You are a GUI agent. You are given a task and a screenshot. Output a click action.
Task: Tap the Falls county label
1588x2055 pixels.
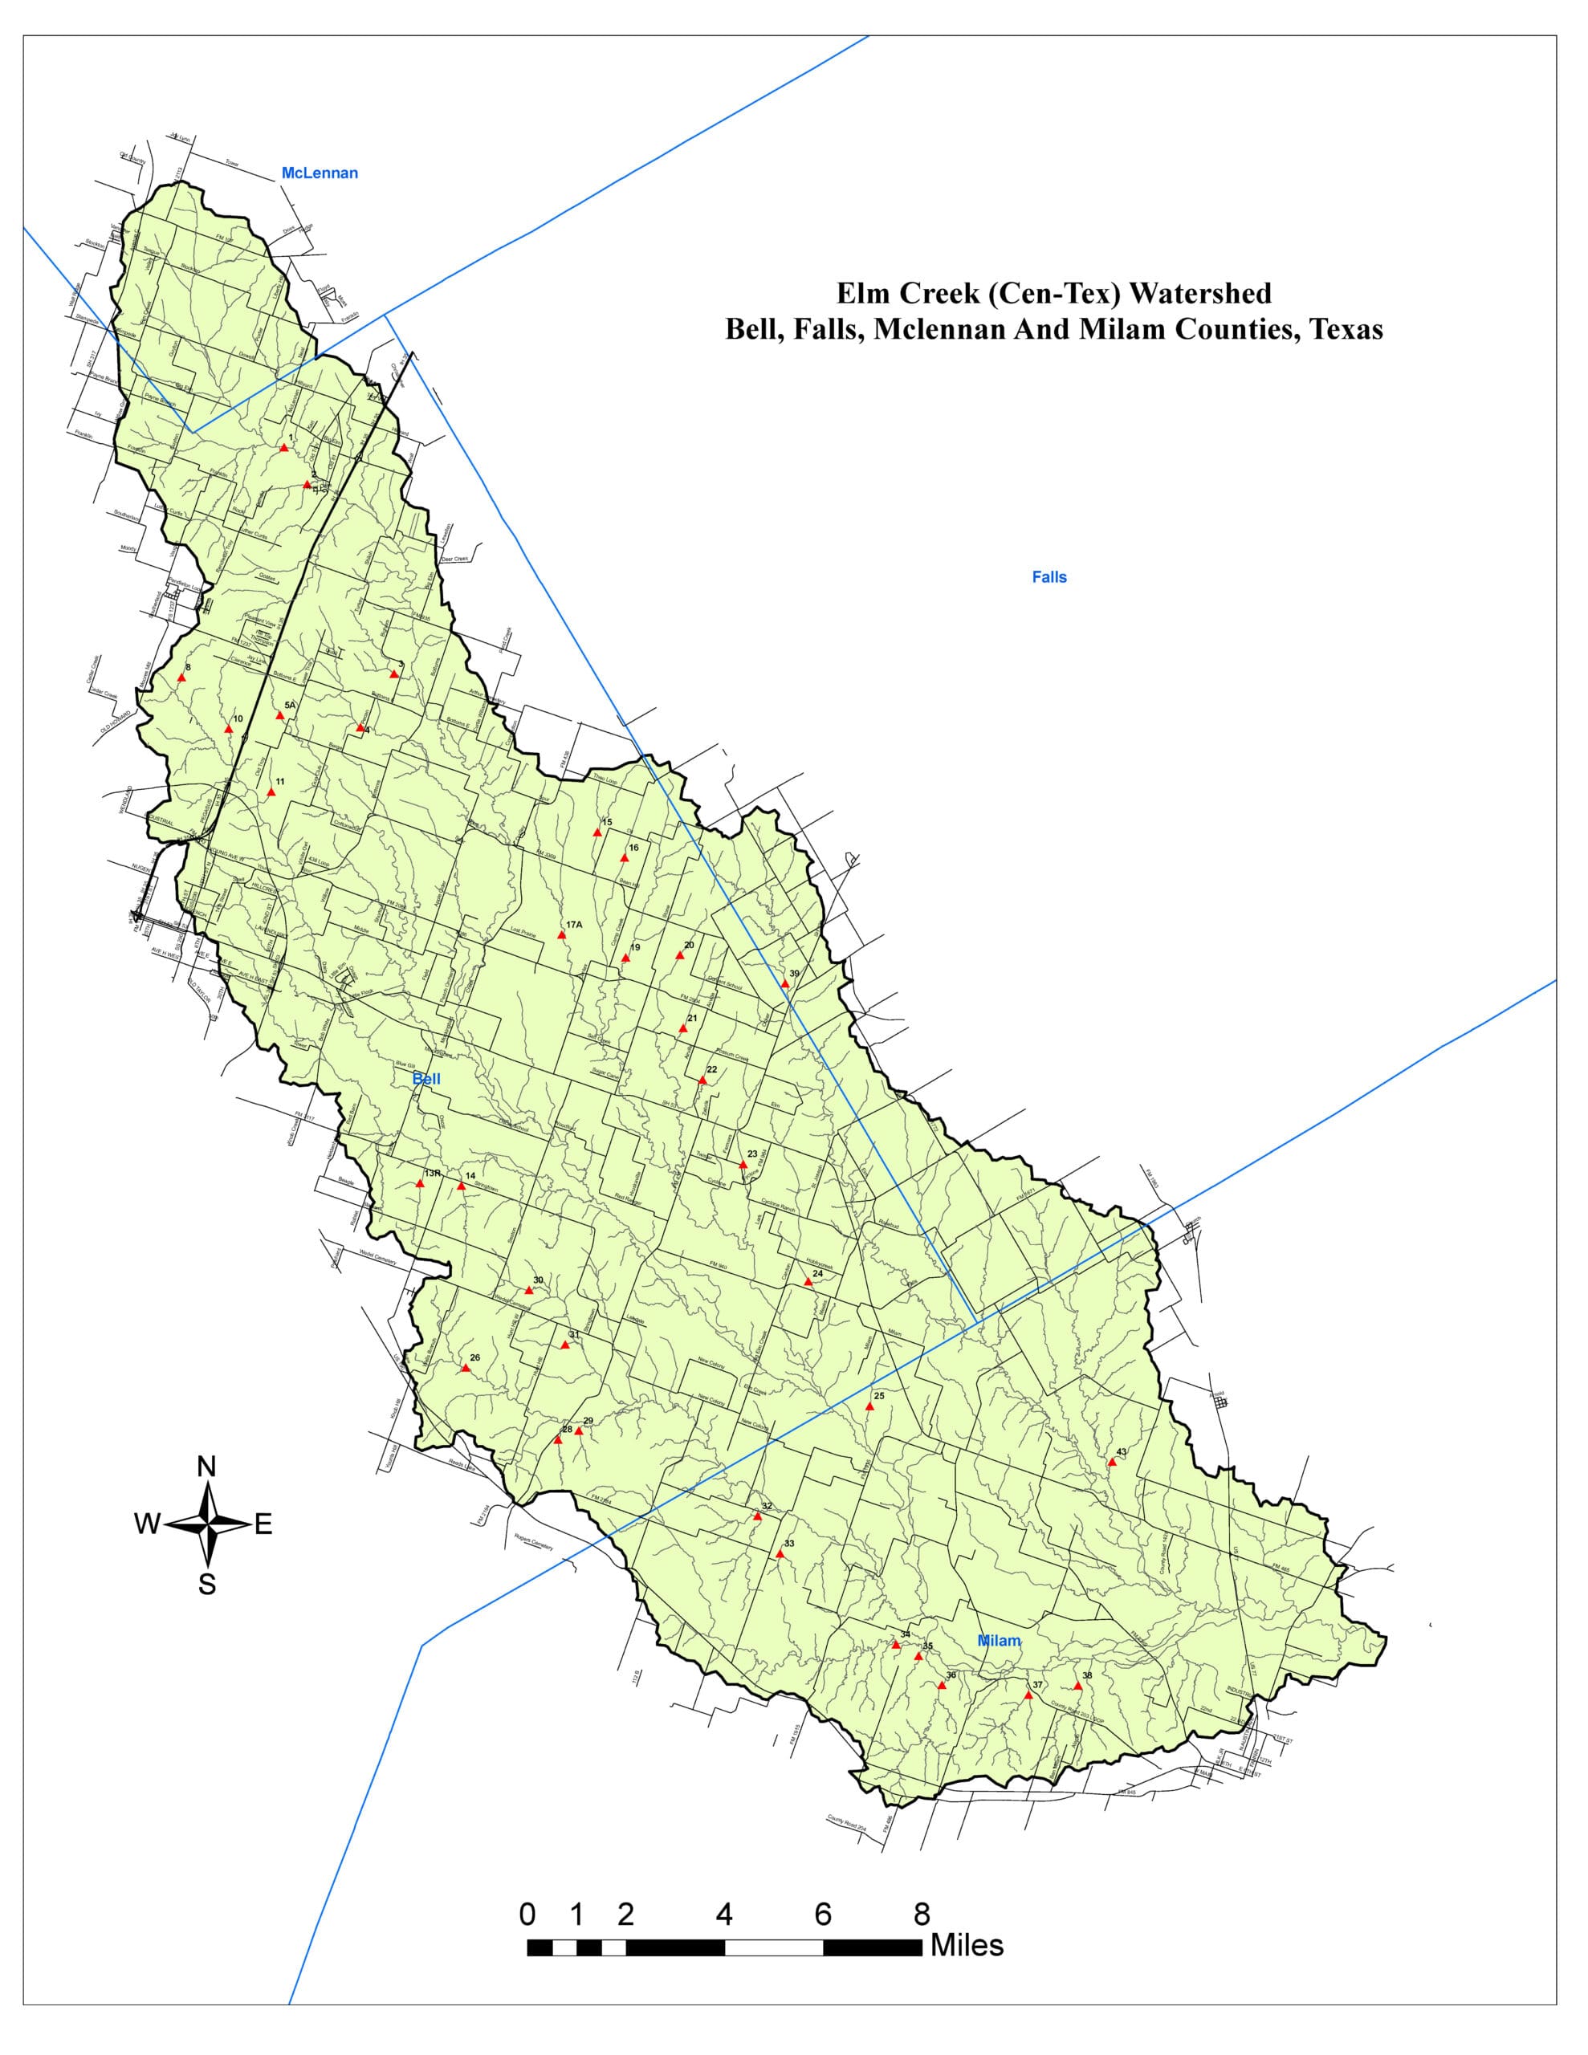[x=1048, y=577]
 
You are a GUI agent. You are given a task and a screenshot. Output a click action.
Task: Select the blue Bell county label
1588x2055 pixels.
[x=426, y=1078]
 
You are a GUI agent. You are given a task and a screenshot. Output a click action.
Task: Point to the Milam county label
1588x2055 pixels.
[x=998, y=1641]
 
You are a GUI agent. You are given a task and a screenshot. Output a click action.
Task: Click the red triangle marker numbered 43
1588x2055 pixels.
[x=1111, y=1463]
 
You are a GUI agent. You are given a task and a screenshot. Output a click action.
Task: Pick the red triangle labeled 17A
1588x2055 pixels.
[x=562, y=935]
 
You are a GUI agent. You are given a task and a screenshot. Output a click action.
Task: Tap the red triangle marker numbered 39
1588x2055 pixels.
[x=784, y=984]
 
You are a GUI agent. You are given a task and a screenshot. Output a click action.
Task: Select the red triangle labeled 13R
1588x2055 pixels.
[x=421, y=1184]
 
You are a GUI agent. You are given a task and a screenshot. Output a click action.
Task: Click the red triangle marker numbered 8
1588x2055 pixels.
[x=181, y=678]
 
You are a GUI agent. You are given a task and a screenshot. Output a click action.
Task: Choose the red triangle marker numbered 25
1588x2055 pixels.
[x=869, y=1406]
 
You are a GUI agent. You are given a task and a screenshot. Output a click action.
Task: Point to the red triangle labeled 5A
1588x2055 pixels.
[x=279, y=716]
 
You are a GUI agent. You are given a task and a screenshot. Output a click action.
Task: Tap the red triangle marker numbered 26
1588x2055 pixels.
[x=465, y=1368]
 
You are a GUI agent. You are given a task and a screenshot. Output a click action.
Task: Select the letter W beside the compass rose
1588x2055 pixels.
[x=147, y=1524]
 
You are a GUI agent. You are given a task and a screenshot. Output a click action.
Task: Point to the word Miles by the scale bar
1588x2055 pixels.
[x=967, y=1945]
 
